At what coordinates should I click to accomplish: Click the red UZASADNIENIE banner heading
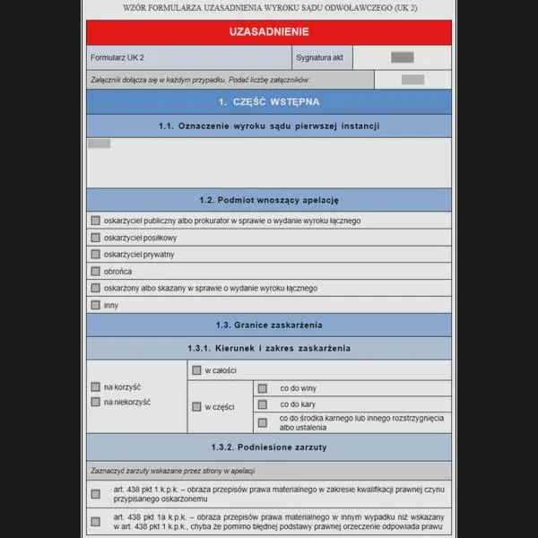pyautogui.click(x=269, y=31)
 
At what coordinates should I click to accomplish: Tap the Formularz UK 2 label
pyautogui.click(x=117, y=57)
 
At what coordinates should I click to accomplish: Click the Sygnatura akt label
pyautogui.click(x=318, y=57)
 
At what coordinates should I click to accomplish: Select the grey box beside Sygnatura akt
pyautogui.click(x=403, y=57)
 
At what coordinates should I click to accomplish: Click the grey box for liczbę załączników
pyautogui.click(x=412, y=80)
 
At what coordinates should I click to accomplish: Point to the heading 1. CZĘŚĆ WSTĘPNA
pyautogui.click(x=269, y=101)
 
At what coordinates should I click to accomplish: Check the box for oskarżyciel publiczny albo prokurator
pyautogui.click(x=95, y=221)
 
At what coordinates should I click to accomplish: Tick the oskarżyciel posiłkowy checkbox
pyautogui.click(x=95, y=238)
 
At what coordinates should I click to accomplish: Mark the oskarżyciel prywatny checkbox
pyautogui.click(x=95, y=255)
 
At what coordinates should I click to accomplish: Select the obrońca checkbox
pyautogui.click(x=95, y=271)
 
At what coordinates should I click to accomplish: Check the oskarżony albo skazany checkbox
pyautogui.click(x=95, y=288)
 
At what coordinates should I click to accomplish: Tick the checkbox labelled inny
pyautogui.click(x=95, y=305)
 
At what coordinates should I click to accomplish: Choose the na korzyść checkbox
pyautogui.click(x=95, y=386)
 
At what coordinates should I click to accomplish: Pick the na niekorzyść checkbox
pyautogui.click(x=95, y=402)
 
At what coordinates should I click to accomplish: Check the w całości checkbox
pyautogui.click(x=196, y=369)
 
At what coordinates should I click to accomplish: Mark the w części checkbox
pyautogui.click(x=196, y=406)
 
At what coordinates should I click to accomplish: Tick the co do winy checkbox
pyautogui.click(x=263, y=388)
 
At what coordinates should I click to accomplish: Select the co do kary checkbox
pyautogui.click(x=263, y=404)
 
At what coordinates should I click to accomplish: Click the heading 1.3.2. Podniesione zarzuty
pyautogui.click(x=269, y=447)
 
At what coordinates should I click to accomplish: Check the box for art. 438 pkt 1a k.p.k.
pyautogui.click(x=95, y=521)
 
